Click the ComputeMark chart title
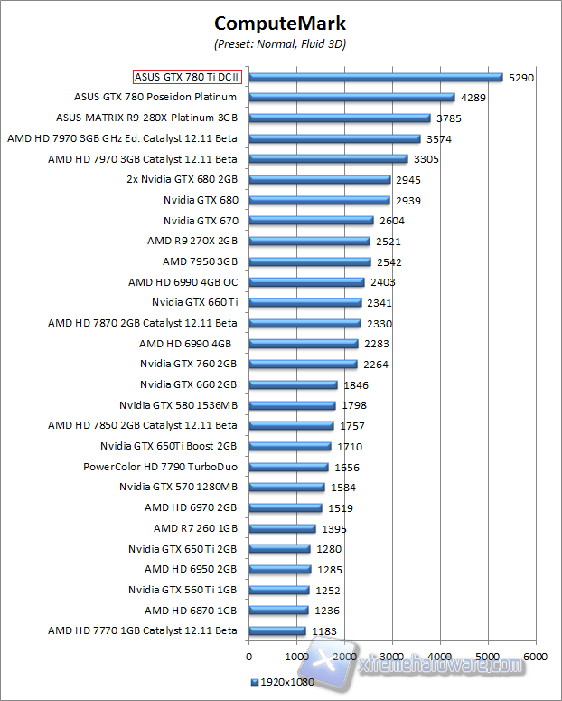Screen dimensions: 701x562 (x=280, y=22)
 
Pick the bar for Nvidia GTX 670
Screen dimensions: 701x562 (x=311, y=221)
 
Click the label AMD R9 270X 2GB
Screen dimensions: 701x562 (x=192, y=242)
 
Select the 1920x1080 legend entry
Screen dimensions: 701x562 (x=282, y=682)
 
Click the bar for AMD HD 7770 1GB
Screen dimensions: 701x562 (x=276, y=630)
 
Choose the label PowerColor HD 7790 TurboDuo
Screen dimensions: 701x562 (x=160, y=467)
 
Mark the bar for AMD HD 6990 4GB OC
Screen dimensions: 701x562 (x=305, y=282)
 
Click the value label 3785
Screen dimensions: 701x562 (x=448, y=118)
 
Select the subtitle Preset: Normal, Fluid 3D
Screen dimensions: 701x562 (x=280, y=43)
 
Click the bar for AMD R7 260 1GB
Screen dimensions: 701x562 (x=282, y=528)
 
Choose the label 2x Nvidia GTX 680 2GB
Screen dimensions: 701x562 (x=182, y=179)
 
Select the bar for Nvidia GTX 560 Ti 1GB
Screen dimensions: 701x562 (x=278, y=590)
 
